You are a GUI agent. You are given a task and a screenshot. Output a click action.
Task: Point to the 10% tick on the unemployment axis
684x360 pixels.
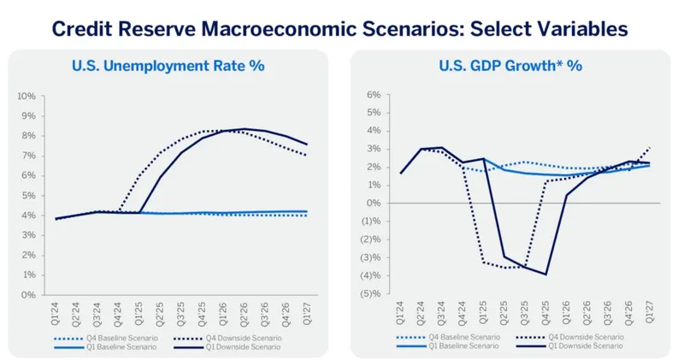click(27, 96)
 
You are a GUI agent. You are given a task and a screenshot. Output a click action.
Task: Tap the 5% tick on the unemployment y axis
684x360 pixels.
click(28, 195)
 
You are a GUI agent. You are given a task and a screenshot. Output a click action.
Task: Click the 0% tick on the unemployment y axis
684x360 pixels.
click(28, 295)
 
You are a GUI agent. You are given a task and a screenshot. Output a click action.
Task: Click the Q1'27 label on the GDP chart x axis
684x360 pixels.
click(648, 312)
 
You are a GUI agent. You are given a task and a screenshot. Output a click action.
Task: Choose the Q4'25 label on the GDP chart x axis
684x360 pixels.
click(545, 312)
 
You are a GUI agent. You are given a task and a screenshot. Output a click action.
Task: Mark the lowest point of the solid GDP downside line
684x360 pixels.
click(545, 274)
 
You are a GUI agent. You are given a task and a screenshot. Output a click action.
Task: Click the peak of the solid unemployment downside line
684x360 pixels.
click(245, 129)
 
